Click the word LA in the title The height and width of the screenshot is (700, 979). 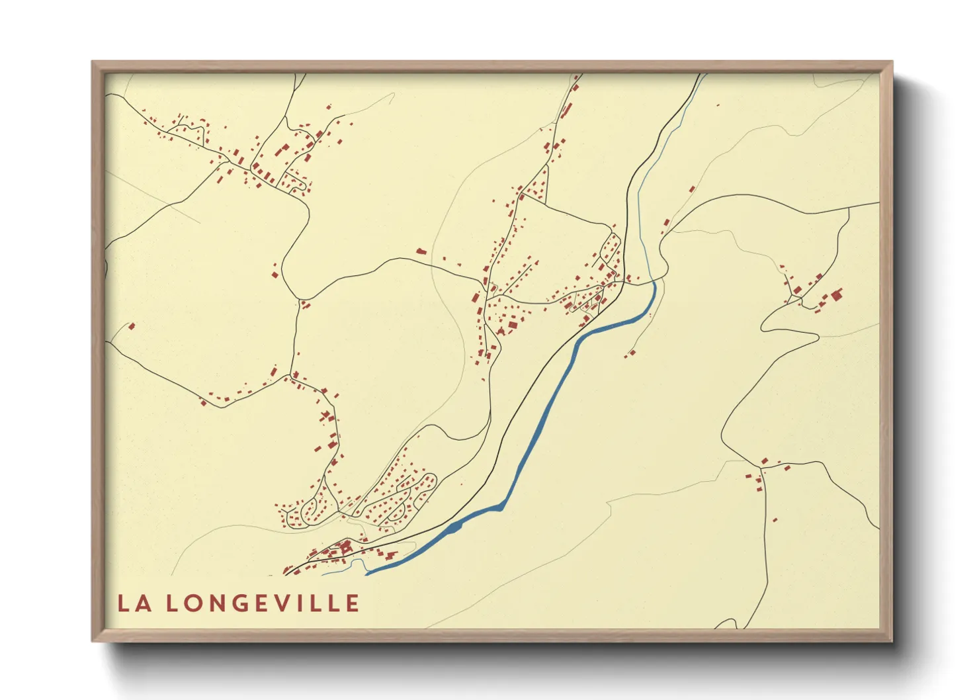(x=132, y=603)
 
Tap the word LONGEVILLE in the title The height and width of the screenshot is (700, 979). (x=262, y=603)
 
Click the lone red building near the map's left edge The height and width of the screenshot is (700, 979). (x=131, y=326)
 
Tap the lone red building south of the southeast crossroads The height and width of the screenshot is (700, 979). (x=775, y=520)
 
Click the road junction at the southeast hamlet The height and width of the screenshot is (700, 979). (x=762, y=468)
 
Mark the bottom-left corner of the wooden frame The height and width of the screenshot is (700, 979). (x=93, y=640)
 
